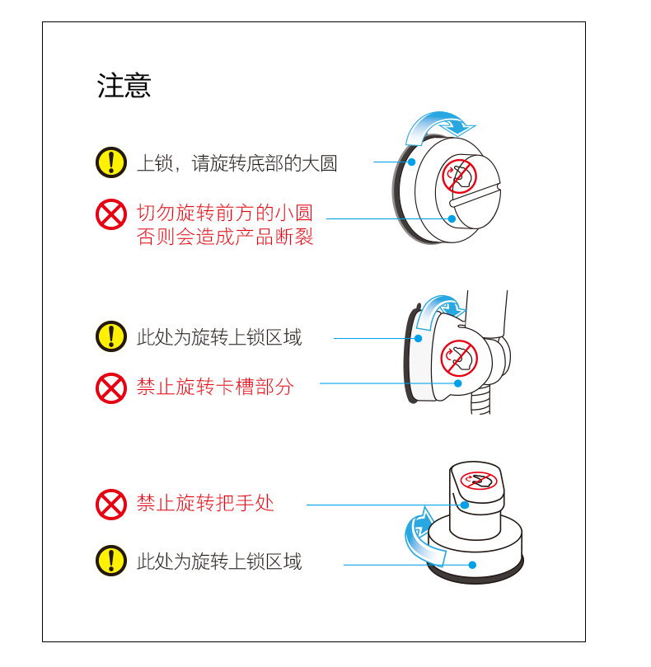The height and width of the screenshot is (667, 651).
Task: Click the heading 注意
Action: tap(124, 86)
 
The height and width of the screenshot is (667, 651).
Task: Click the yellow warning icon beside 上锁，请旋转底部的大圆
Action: tap(111, 162)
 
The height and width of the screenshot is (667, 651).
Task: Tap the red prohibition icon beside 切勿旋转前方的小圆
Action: tap(111, 214)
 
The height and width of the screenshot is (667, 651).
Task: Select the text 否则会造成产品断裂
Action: tap(225, 237)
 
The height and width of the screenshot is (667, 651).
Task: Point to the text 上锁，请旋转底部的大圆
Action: tap(237, 163)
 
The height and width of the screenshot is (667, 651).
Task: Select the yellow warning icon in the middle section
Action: tap(111, 336)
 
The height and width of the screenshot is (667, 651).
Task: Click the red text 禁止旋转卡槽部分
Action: tap(215, 387)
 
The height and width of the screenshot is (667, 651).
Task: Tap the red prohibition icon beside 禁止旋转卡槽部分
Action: tap(111, 387)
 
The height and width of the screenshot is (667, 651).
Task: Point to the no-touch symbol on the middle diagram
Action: tap(459, 356)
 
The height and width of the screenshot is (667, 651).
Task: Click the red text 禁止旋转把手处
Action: tap(205, 503)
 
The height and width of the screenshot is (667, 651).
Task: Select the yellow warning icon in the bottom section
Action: tap(111, 561)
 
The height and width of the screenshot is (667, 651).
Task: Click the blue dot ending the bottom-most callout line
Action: tap(472, 565)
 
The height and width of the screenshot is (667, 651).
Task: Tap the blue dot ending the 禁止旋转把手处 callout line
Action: tap(465, 505)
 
